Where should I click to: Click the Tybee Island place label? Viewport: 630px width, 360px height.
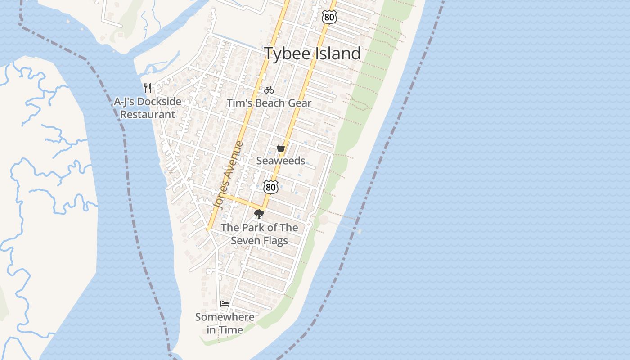312,54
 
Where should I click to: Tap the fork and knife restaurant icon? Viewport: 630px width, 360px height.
147,88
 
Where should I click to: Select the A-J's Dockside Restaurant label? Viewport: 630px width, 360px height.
148,108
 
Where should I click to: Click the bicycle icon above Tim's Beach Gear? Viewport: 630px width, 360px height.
269,90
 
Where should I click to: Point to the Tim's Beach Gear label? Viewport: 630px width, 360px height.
269,103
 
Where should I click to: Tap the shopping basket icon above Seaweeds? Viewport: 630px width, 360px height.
281,148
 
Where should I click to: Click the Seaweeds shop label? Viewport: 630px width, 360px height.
281,161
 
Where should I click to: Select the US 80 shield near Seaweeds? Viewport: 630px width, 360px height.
270,186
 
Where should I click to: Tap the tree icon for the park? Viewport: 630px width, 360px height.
259,214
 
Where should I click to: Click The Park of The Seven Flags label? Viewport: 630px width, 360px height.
259,234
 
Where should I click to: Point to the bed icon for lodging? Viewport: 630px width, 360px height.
225,304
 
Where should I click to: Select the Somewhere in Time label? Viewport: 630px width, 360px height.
225,324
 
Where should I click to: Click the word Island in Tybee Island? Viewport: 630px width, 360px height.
338,54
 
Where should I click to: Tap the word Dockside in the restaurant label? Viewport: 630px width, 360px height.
159,102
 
